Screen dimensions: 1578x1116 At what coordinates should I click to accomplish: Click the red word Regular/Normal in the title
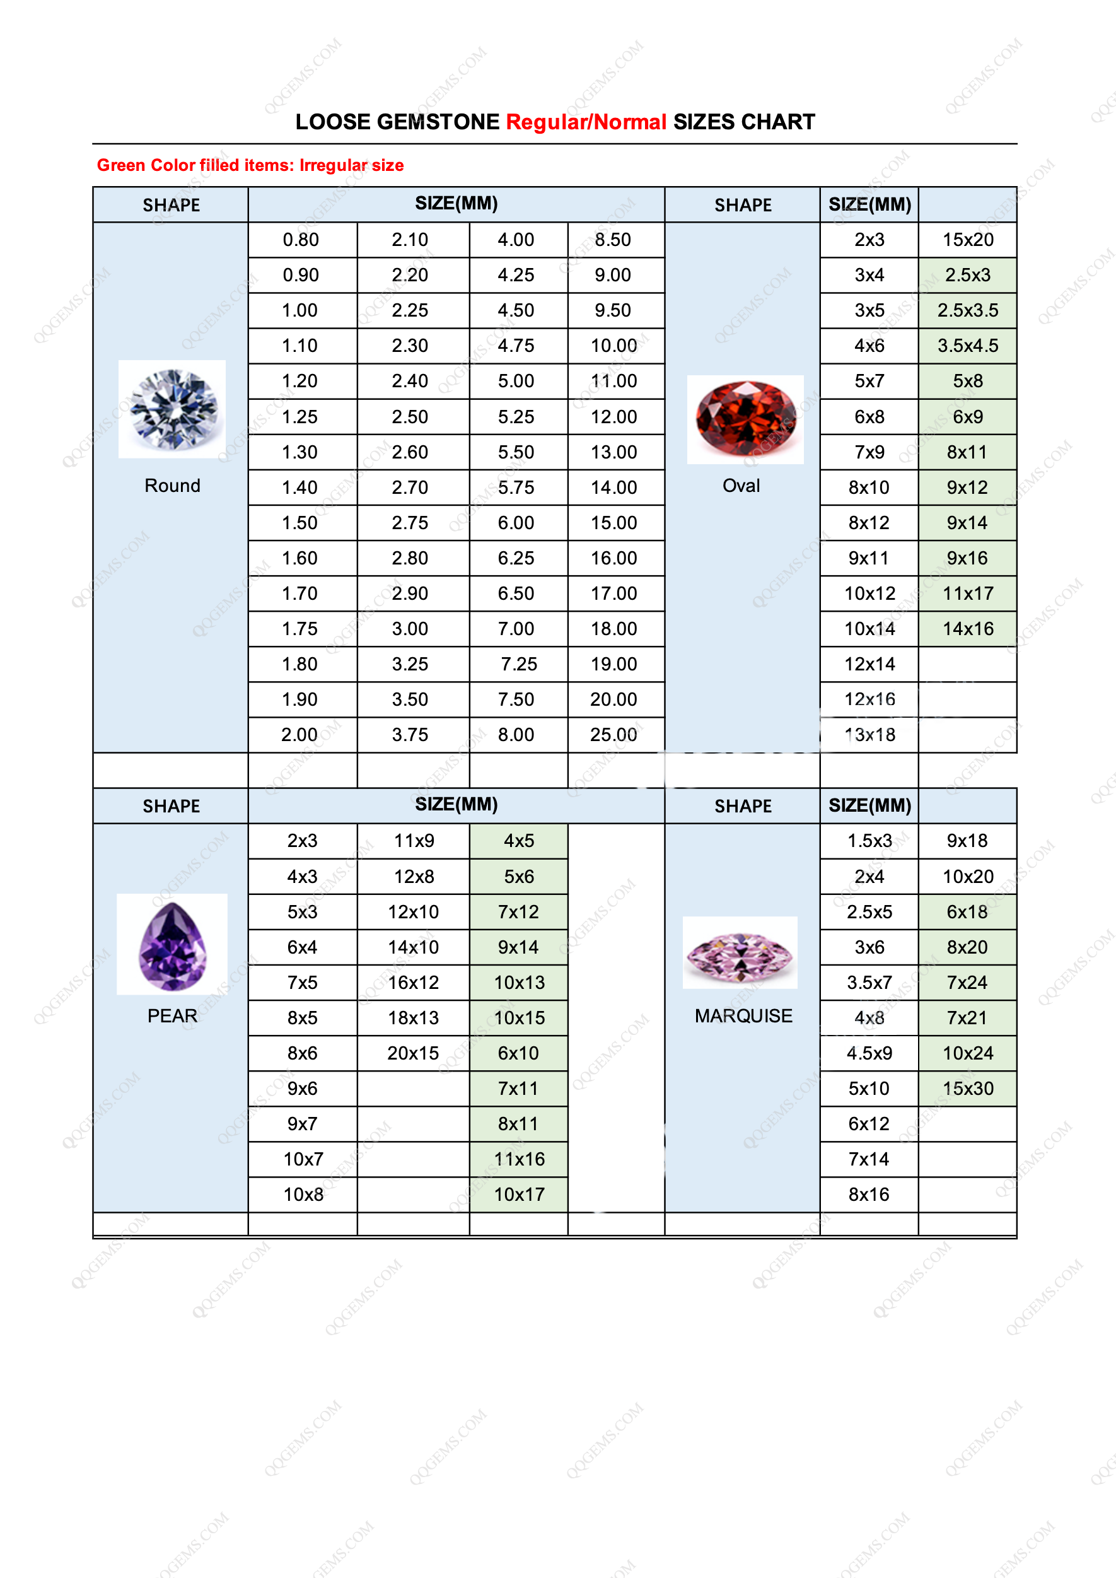pyautogui.click(x=586, y=122)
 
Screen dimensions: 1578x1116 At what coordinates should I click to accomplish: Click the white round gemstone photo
pyautogui.click(x=171, y=409)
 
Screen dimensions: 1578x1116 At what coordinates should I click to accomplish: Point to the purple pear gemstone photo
pyautogui.click(x=171, y=945)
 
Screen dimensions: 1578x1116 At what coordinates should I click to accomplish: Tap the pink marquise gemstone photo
pyautogui.click(x=740, y=953)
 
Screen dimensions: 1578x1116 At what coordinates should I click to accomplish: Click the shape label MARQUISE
pyautogui.click(x=743, y=1016)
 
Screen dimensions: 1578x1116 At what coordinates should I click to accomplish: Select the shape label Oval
pyautogui.click(x=741, y=486)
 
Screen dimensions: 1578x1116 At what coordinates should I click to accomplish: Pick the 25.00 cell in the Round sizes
pyautogui.click(x=613, y=735)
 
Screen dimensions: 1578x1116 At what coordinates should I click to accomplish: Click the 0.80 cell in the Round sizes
pyautogui.click(x=301, y=240)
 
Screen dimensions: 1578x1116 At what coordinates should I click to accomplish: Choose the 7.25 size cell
pyautogui.click(x=519, y=664)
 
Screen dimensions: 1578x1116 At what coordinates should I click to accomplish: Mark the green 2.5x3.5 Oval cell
pyautogui.click(x=968, y=311)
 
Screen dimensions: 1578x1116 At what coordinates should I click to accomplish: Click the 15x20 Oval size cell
pyautogui.click(x=968, y=240)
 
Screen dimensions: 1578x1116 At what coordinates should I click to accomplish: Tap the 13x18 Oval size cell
pyautogui.click(x=869, y=735)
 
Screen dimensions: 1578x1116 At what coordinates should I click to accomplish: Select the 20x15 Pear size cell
pyautogui.click(x=413, y=1053)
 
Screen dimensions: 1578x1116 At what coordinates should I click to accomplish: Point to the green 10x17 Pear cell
pyautogui.click(x=519, y=1195)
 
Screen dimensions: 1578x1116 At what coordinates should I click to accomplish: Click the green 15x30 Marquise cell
pyautogui.click(x=968, y=1089)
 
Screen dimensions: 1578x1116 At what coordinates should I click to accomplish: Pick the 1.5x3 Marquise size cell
pyautogui.click(x=869, y=841)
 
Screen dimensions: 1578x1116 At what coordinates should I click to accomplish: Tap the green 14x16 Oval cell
pyautogui.click(x=968, y=629)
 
